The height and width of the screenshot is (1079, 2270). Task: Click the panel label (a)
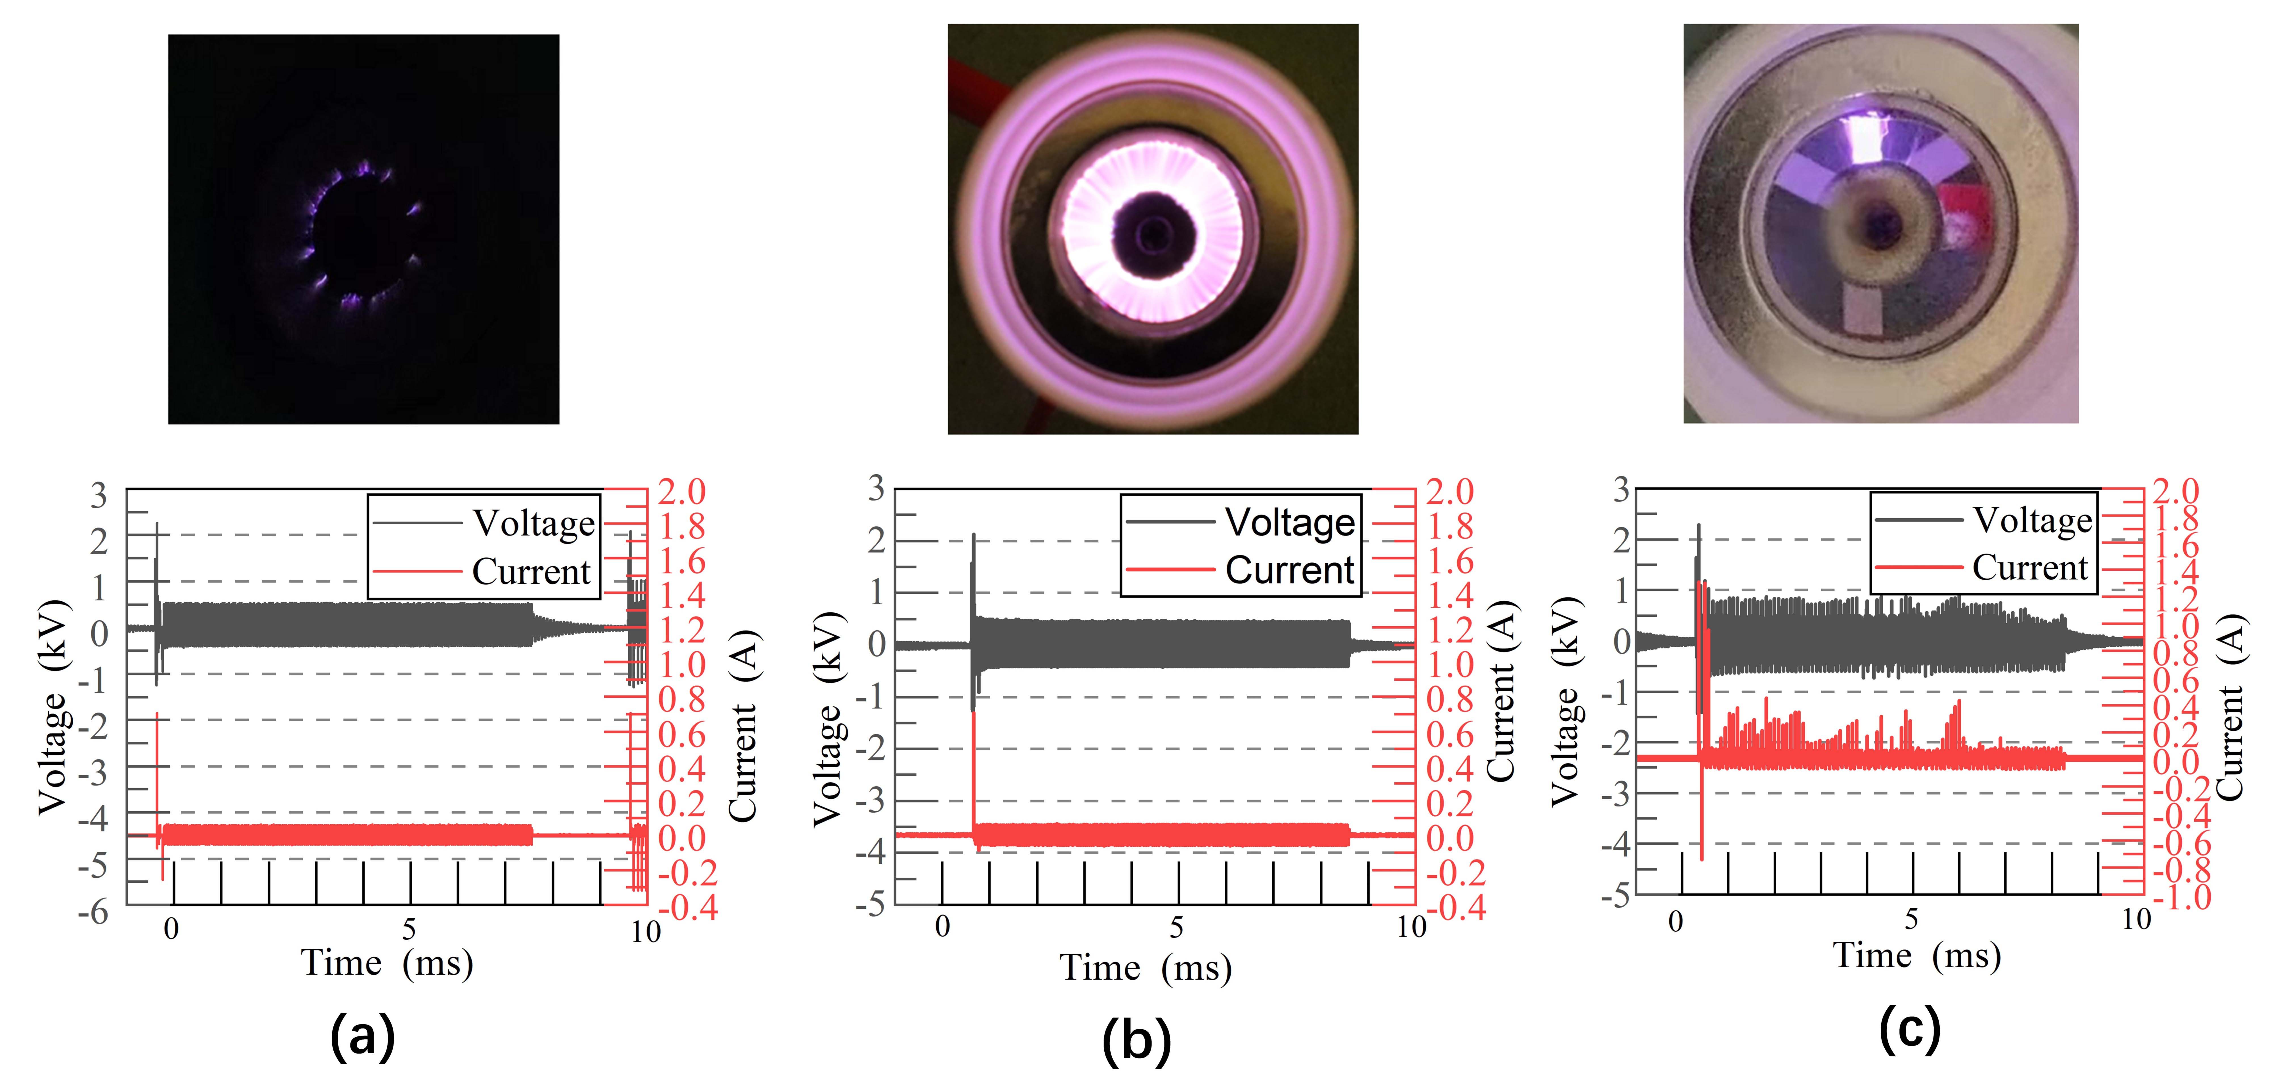tap(362, 1036)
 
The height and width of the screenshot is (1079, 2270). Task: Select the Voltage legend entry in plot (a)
tap(533, 523)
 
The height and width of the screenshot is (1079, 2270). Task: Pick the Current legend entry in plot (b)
tap(1288, 570)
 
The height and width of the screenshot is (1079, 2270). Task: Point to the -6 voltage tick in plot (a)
tap(93, 912)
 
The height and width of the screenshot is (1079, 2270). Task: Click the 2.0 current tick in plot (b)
tap(1450, 492)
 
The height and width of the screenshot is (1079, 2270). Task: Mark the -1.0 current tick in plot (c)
tap(2183, 897)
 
